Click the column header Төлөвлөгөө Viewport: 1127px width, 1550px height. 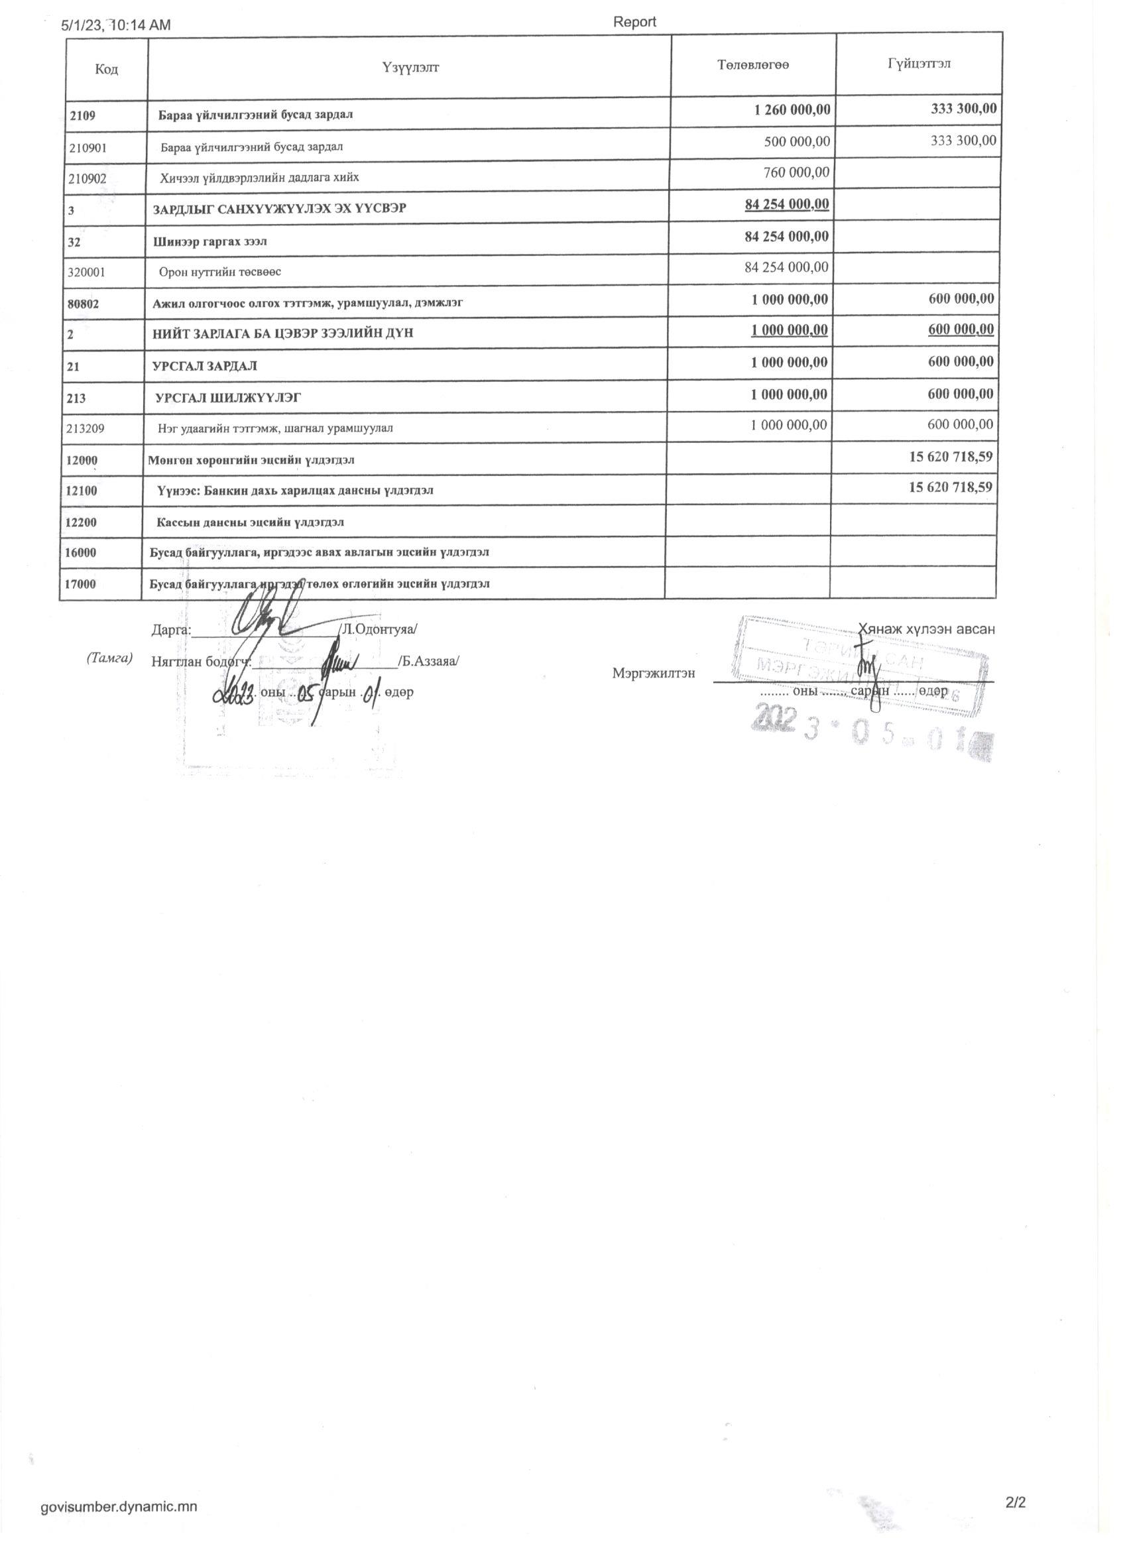tap(753, 65)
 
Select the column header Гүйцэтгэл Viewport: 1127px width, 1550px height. tap(919, 64)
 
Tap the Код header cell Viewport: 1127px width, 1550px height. tap(107, 69)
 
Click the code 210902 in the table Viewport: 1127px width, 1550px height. tap(88, 178)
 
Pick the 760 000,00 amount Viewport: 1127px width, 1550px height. tap(796, 172)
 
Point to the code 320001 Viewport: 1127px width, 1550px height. tap(87, 271)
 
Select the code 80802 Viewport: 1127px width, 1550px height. tap(83, 304)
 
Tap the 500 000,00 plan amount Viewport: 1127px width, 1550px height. tap(797, 141)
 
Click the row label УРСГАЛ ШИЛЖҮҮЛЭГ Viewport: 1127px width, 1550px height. tap(228, 398)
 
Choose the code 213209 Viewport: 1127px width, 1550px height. tap(86, 428)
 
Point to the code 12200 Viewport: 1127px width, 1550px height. tap(82, 523)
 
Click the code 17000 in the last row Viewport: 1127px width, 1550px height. tap(81, 584)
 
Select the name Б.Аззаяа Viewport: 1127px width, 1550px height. tap(429, 662)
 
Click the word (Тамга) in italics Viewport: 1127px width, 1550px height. tap(109, 658)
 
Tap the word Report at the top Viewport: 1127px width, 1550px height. tap(634, 22)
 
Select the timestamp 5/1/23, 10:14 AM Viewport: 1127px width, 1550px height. tap(116, 26)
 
